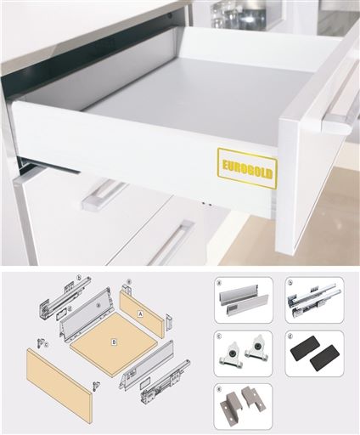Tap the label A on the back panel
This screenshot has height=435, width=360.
pos(140,312)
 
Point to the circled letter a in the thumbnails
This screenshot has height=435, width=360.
pos(220,282)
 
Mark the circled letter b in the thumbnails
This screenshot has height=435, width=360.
pos(290,282)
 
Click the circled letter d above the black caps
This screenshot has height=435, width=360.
pos(290,336)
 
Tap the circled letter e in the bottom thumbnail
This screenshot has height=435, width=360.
pos(220,388)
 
